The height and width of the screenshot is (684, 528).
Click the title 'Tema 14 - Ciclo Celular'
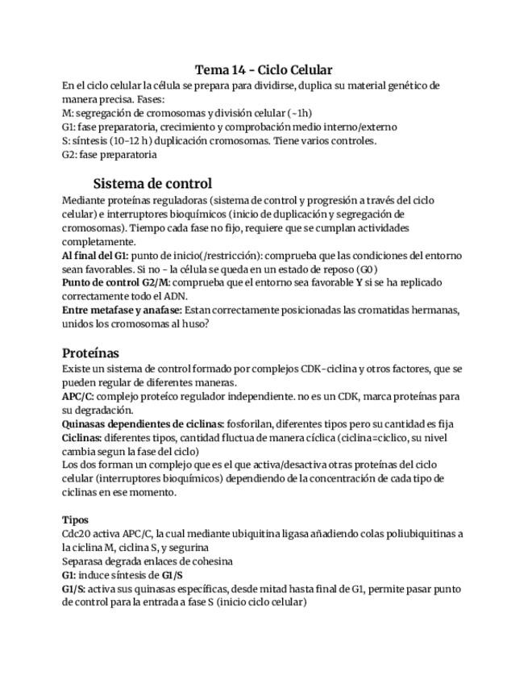pos(264,70)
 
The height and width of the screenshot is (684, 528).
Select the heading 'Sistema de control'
pos(152,183)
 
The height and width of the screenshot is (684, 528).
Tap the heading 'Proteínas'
pos(90,352)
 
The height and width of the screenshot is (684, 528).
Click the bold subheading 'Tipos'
pos(75,519)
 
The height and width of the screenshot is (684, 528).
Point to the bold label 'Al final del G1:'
pos(95,256)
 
